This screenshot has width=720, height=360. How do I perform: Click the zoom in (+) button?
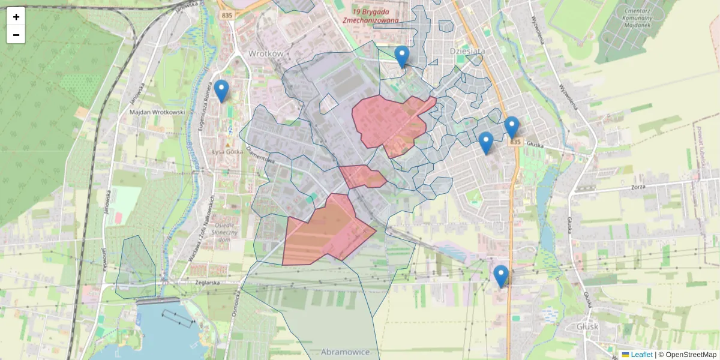point(16,17)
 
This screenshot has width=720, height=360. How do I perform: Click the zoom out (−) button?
point(16,35)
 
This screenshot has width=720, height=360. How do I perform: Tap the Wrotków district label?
point(265,53)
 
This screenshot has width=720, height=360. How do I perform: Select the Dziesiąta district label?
point(467,52)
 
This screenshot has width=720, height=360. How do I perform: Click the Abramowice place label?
point(345,352)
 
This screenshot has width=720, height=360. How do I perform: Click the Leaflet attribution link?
point(641,355)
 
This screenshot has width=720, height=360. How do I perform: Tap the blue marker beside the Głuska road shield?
point(511,127)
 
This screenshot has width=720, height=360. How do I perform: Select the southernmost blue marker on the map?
point(501,276)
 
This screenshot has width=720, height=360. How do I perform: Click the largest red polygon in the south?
point(327,231)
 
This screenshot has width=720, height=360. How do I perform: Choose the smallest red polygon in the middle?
point(362,176)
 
